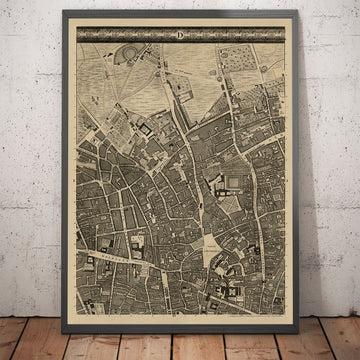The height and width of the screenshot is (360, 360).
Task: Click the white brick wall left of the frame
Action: tap(30, 150)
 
